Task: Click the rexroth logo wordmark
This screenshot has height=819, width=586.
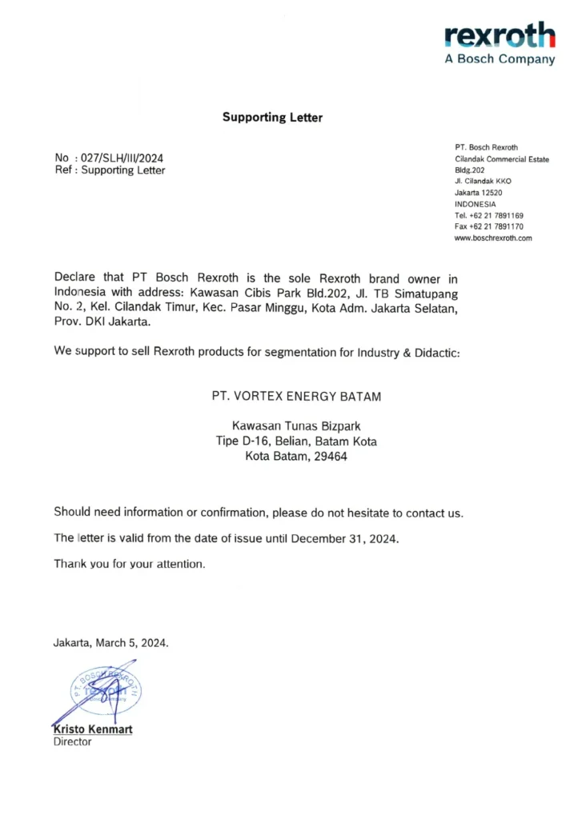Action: click(500, 36)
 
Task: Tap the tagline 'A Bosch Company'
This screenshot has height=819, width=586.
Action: click(500, 60)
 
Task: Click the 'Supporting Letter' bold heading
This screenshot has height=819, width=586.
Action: click(272, 118)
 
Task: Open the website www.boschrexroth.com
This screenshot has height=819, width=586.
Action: click(493, 238)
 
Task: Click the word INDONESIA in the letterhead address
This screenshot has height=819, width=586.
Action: click(475, 204)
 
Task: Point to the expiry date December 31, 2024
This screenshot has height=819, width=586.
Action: click(344, 538)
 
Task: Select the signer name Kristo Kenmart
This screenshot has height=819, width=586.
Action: click(93, 729)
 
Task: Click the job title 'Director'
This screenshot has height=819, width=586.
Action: click(73, 742)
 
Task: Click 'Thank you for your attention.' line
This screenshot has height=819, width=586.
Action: click(130, 564)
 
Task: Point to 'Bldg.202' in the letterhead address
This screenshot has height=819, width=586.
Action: click(470, 170)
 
